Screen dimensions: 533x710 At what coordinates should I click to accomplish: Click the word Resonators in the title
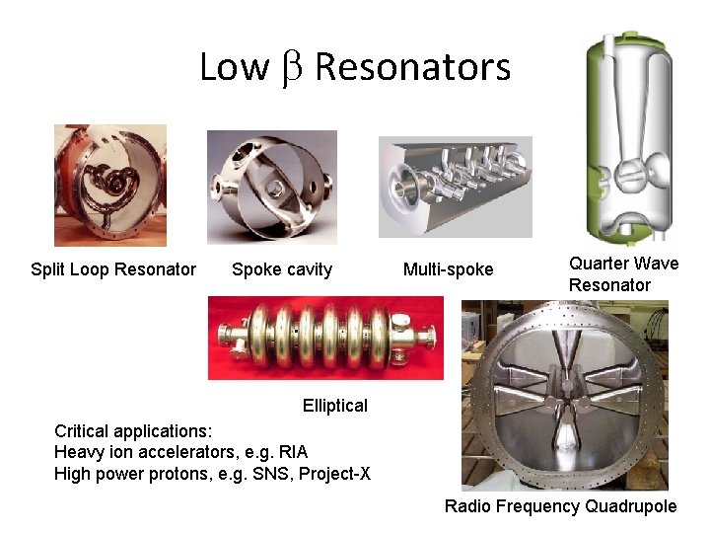[x=412, y=67]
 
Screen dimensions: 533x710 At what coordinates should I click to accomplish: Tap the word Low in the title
[x=234, y=67]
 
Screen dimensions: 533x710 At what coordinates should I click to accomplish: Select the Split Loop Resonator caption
[x=113, y=269]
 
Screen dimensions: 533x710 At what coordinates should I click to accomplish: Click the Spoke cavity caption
[x=282, y=269]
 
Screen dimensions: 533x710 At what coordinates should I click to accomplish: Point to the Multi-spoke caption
[x=449, y=269]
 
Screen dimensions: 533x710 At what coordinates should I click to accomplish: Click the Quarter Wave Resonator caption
[x=623, y=274]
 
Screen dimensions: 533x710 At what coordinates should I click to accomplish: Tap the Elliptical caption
[x=335, y=405]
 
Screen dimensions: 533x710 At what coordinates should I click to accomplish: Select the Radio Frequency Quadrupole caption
[x=560, y=506]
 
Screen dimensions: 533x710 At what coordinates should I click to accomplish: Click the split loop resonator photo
[x=110, y=185]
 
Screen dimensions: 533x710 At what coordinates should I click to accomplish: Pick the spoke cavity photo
[x=271, y=187]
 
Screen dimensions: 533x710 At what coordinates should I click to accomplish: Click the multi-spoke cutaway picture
[x=455, y=187]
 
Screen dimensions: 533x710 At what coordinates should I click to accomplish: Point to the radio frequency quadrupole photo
[x=564, y=395]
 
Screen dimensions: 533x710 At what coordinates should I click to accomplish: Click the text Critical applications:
[x=132, y=431]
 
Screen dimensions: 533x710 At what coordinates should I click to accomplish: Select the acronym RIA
[x=294, y=452]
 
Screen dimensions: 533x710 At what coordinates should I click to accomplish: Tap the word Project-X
[x=337, y=474]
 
